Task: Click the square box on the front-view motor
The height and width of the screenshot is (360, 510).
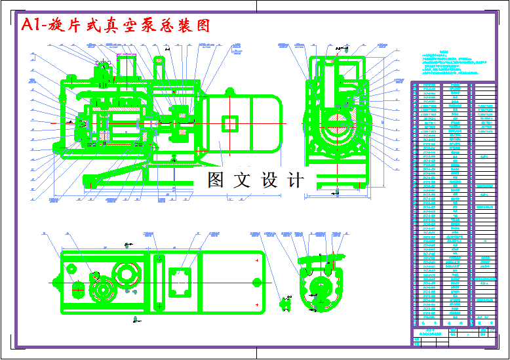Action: pos(230,123)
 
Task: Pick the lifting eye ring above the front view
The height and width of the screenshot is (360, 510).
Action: pos(159,64)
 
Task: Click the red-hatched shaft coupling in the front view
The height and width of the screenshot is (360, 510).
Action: pos(179,123)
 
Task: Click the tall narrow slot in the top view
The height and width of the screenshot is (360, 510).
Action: pos(158,281)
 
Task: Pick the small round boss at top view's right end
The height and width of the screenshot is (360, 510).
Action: pos(256,281)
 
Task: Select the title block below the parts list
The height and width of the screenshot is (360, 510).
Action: pos(452,332)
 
